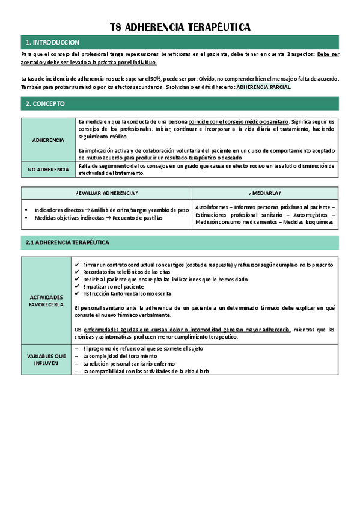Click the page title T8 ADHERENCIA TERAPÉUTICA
(x=180, y=27)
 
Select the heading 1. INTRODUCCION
(x=52, y=43)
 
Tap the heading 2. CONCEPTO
(x=45, y=103)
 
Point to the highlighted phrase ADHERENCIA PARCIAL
(x=264, y=87)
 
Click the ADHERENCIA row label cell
(x=49, y=140)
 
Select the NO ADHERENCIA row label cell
(x=49, y=170)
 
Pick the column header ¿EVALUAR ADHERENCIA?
(x=106, y=192)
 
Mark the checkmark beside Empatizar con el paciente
(x=76, y=286)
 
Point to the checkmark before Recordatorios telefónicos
(x=76, y=272)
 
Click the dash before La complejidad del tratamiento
(x=76, y=356)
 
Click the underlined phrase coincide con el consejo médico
(x=238, y=121)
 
